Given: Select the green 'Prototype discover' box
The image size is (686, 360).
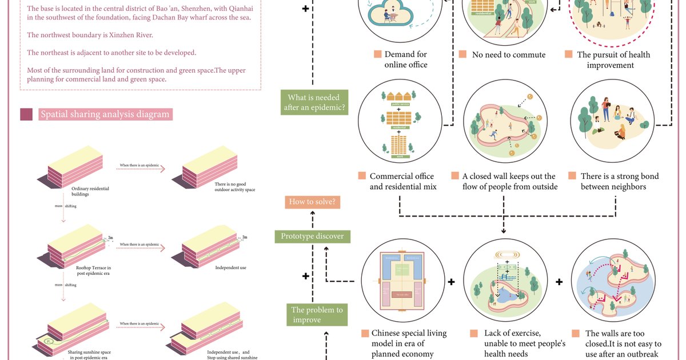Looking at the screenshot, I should point(312,236).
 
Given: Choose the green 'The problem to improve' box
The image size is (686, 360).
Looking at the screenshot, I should point(317,315).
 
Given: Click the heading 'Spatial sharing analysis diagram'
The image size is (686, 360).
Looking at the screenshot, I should point(105,114).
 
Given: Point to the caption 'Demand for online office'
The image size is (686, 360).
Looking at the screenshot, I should point(405,60).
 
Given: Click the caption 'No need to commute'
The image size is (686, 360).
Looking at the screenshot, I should point(508,55).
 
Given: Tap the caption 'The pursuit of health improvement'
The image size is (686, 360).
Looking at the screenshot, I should point(613,60).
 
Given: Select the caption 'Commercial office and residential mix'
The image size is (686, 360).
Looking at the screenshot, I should point(401,181).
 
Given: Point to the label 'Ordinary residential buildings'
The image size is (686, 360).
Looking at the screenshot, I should point(90,191).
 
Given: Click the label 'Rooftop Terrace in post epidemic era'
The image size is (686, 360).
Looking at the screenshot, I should point(93,270).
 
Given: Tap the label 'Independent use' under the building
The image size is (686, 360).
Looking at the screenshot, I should point(230,267).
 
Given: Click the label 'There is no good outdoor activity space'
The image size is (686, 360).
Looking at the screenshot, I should point(234,187).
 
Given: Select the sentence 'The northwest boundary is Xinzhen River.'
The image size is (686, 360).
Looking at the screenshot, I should point(90,35).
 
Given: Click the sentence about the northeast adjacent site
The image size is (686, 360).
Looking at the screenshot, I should point(111,53).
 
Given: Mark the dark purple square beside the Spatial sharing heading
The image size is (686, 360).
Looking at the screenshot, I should point(26,114).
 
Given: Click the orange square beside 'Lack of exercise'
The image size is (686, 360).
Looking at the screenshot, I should point(474,333).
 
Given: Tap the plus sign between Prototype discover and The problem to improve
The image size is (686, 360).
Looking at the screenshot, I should point(306,276).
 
